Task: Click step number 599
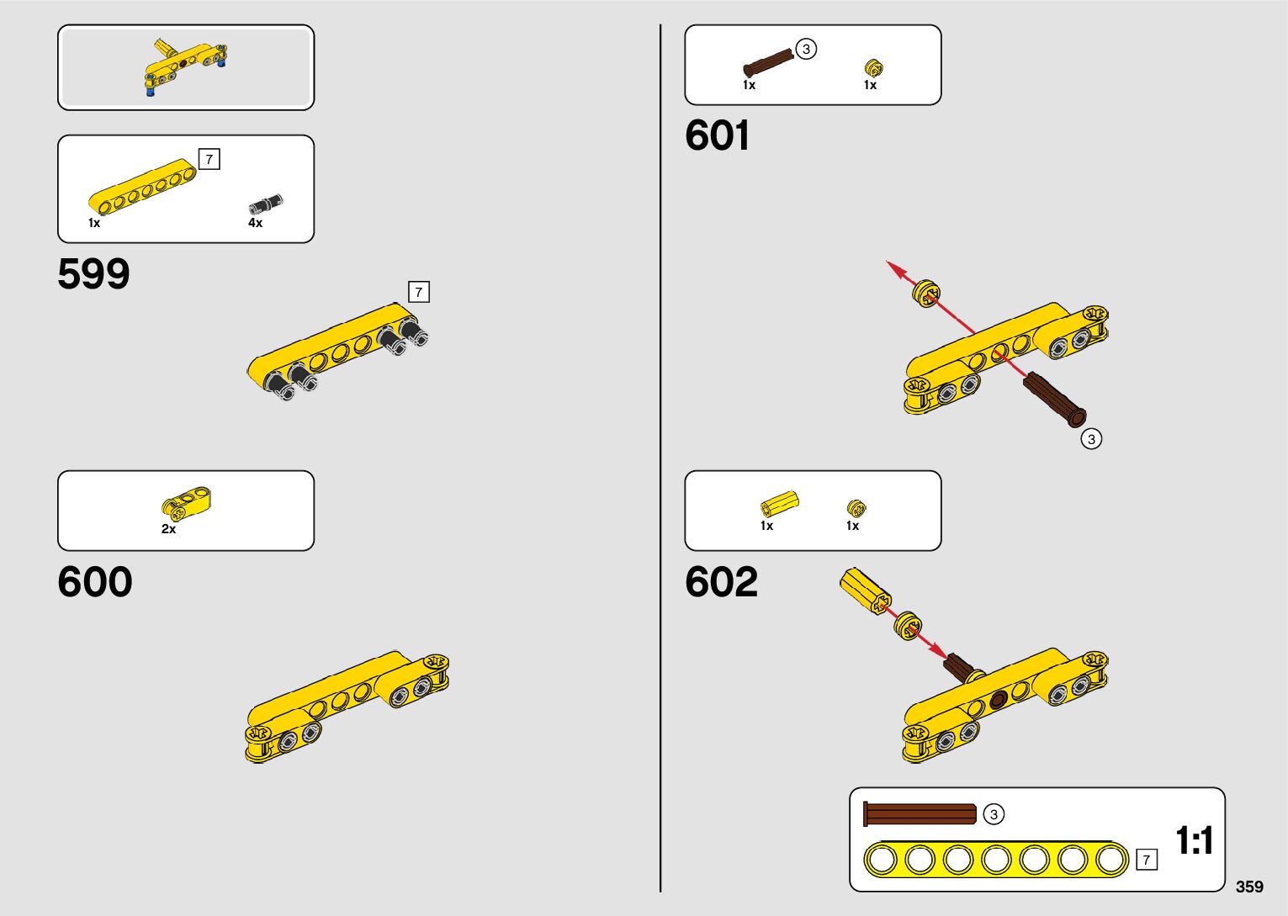(93, 274)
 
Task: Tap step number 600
(94, 582)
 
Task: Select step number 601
(717, 135)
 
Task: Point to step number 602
(721, 582)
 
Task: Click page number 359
(1249, 887)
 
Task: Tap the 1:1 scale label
(1194, 840)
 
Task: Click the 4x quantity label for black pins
(255, 223)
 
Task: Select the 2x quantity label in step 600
(168, 529)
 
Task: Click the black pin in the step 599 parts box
(266, 204)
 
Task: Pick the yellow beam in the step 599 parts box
(141, 187)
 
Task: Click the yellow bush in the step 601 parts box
(873, 67)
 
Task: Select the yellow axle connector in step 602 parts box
(778, 504)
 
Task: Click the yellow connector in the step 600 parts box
(186, 502)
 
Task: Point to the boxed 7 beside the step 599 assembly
(418, 292)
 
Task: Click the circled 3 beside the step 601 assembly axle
(1091, 438)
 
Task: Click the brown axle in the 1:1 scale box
(920, 814)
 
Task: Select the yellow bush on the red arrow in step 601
(925, 293)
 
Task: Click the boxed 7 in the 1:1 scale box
(1146, 860)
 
